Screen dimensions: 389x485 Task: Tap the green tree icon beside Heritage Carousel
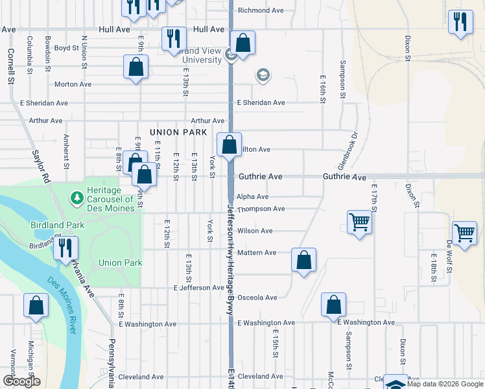pos(77,196)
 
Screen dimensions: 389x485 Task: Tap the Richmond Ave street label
pos(261,10)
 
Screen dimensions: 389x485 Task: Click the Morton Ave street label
pos(73,84)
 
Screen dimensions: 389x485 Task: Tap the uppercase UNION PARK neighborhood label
pos(172,132)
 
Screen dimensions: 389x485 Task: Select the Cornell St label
pos(10,67)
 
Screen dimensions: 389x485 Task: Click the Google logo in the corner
pos(21,381)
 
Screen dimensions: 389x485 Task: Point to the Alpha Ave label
pos(252,196)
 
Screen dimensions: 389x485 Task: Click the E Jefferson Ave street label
pos(198,287)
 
